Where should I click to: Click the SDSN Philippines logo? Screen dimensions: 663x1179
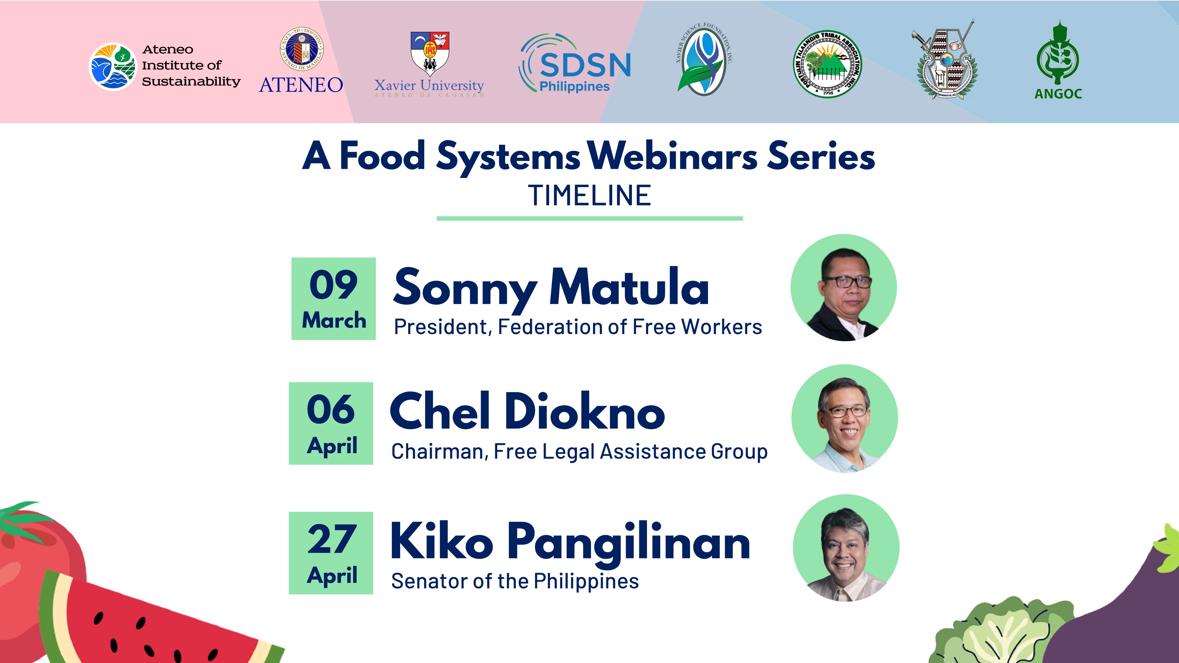coord(575,63)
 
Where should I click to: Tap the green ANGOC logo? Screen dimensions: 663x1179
coord(1058,60)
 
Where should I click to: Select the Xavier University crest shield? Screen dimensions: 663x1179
coord(430,53)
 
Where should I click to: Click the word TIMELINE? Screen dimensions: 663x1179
coord(589,196)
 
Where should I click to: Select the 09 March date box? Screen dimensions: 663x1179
coord(334,299)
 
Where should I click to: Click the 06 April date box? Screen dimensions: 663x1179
coord(331,423)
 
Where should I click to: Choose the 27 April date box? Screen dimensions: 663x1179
coord(331,553)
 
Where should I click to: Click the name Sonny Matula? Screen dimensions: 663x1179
coord(551,287)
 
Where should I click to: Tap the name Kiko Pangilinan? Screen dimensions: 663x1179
coord(570,541)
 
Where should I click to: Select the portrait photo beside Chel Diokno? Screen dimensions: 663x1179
coord(844,418)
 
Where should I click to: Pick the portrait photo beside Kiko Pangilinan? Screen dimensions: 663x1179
coord(846,548)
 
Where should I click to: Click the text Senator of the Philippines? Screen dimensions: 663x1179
coord(515,581)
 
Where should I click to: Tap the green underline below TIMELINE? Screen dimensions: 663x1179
coord(589,219)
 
